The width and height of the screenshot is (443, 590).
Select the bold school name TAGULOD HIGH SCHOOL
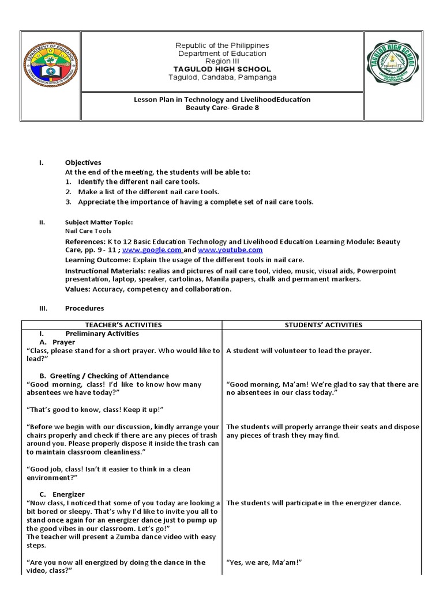[222, 69]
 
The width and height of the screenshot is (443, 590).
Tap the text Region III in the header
[222, 61]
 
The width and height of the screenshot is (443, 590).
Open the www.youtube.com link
[230, 250]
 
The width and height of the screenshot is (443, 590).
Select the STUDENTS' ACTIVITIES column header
[324, 325]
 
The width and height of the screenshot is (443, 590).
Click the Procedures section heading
[84, 308]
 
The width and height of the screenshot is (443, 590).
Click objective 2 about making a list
[148, 191]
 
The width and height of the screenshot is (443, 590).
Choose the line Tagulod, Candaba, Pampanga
[222, 77]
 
